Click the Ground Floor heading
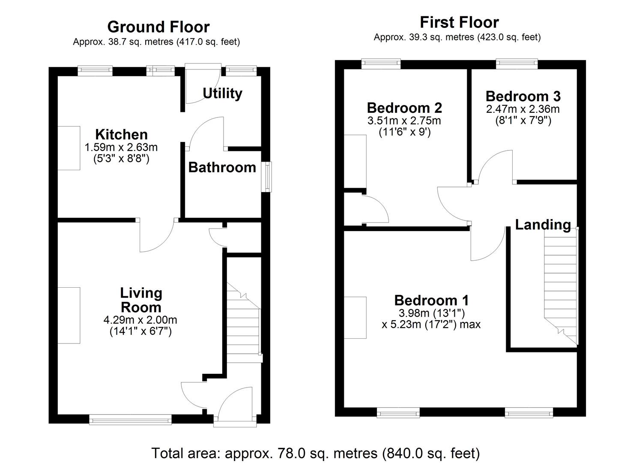click(x=158, y=27)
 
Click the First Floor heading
click(x=459, y=22)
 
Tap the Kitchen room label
click(x=121, y=134)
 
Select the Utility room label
click(x=222, y=93)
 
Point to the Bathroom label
click(x=222, y=167)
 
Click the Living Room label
click(x=141, y=300)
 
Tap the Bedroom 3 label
click(x=523, y=96)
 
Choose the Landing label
click(x=543, y=224)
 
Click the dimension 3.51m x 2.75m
click(x=404, y=120)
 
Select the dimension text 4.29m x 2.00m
click(x=140, y=320)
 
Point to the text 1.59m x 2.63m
click(x=121, y=147)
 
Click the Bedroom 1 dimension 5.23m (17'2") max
click(x=431, y=324)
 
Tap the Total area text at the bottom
click(x=315, y=453)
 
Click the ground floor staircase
click(x=243, y=326)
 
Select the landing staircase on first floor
click(x=561, y=283)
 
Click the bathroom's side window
click(x=266, y=176)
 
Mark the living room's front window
click(x=130, y=419)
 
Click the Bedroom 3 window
click(x=517, y=64)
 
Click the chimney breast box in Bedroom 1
click(x=355, y=318)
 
